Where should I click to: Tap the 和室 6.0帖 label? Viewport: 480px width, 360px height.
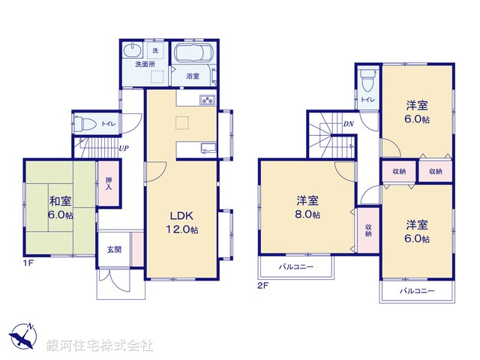(x=61, y=208)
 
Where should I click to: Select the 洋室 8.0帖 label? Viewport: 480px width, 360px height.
(x=307, y=208)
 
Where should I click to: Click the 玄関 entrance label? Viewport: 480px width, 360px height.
(x=113, y=250)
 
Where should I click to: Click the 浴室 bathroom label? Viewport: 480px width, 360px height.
(x=193, y=76)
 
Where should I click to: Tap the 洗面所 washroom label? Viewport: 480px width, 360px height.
(x=144, y=65)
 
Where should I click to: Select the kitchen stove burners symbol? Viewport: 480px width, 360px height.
(x=206, y=101)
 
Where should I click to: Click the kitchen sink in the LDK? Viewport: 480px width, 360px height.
(x=207, y=148)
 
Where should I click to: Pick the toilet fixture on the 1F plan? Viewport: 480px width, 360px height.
(x=86, y=124)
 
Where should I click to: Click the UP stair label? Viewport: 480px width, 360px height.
(x=122, y=148)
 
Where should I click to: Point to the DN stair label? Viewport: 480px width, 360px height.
(x=348, y=124)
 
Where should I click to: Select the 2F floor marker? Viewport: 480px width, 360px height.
(x=263, y=286)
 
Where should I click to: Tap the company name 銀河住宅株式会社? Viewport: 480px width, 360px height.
(x=99, y=346)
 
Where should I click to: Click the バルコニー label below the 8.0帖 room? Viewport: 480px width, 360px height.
(x=296, y=266)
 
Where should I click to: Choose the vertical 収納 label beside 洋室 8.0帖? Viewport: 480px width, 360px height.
(x=368, y=230)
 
